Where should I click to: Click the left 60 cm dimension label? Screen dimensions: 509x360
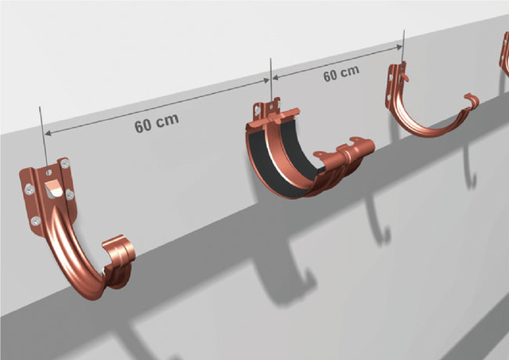[x=157, y=123]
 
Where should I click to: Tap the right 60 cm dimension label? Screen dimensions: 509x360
[x=341, y=74]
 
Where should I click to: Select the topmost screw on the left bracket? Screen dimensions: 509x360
[x=65, y=163]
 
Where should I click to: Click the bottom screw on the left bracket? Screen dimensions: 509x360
[x=35, y=221]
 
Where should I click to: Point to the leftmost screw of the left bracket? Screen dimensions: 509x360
[x=29, y=189]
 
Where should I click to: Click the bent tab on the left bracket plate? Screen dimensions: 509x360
[x=53, y=188]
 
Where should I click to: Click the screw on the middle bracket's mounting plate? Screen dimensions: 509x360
[x=258, y=110]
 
